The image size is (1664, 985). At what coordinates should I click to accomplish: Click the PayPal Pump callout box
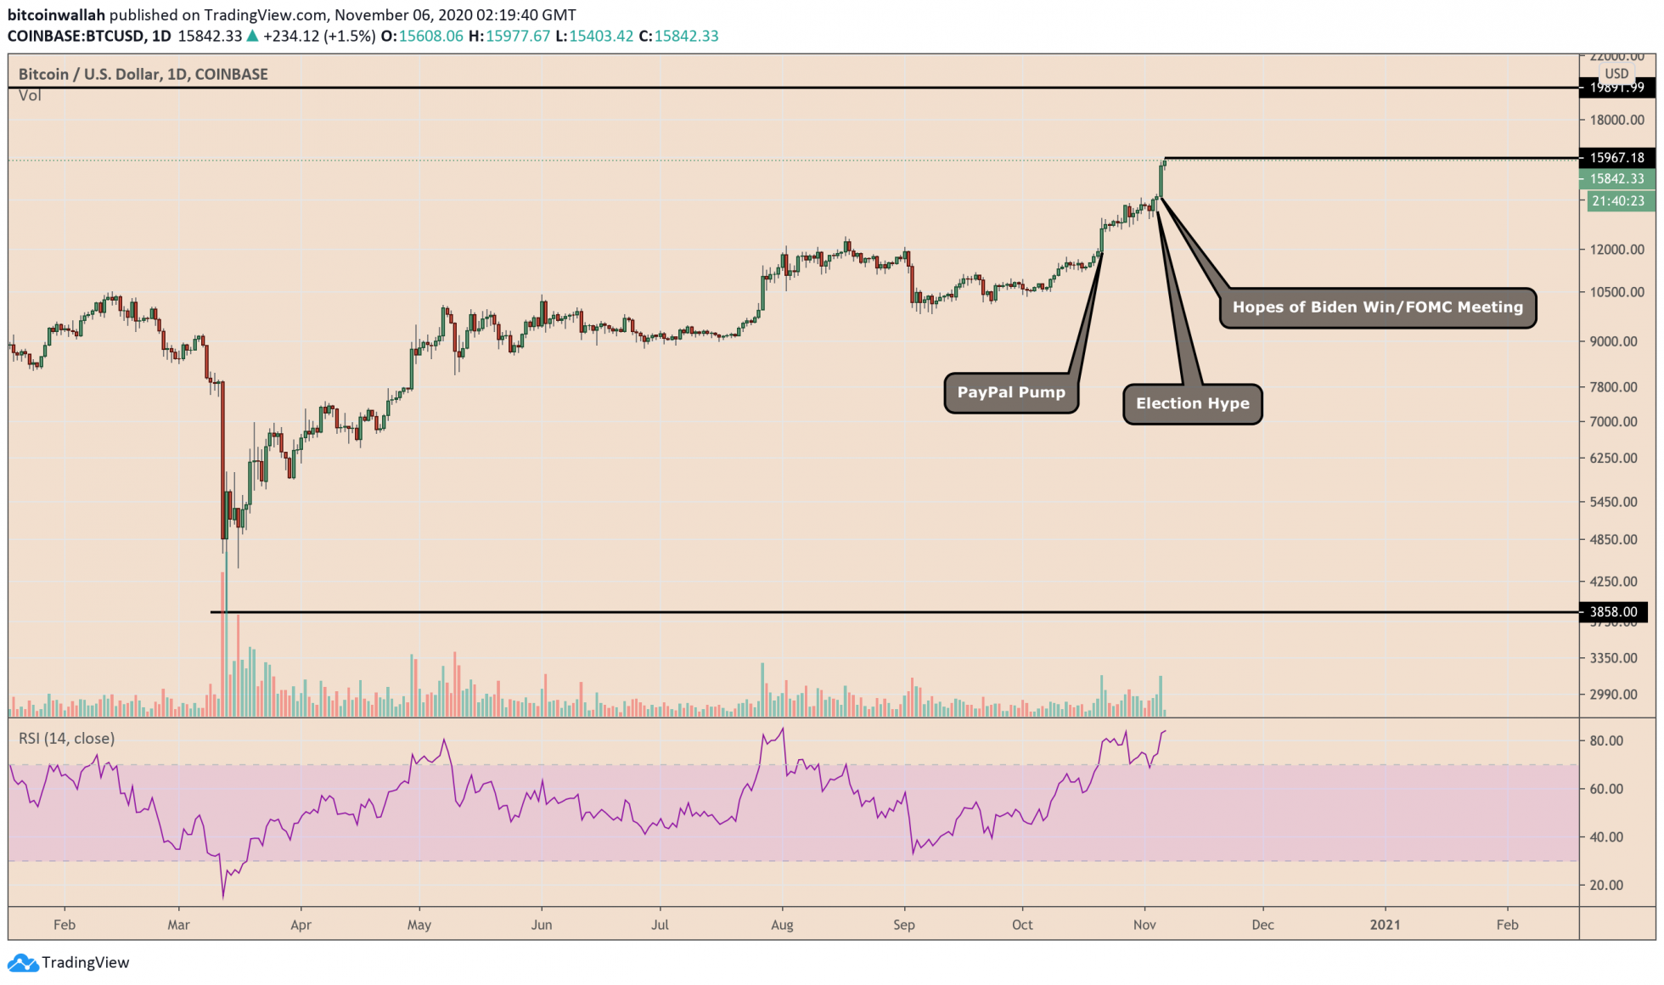[x=1010, y=392]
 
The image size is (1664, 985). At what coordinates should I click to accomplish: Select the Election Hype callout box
[x=1192, y=403]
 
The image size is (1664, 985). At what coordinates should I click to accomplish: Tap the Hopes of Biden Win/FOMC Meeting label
[x=1377, y=307]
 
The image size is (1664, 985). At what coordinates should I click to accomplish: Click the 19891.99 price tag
[x=1616, y=87]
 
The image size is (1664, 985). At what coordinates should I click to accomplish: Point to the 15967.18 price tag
[x=1616, y=157]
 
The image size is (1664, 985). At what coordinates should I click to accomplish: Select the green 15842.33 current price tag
[x=1616, y=178]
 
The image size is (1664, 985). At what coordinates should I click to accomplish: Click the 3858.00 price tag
[x=1613, y=611]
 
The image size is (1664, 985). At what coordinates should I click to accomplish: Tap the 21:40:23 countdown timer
[x=1617, y=201]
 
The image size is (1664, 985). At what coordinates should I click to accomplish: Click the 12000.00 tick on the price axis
[x=1616, y=250]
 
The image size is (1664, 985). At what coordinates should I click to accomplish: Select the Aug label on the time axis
[x=782, y=925]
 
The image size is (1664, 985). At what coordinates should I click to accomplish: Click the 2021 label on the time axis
[x=1386, y=925]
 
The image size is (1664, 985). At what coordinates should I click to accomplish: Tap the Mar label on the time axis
[x=178, y=925]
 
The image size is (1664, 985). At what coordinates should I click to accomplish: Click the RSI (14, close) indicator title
[x=66, y=739]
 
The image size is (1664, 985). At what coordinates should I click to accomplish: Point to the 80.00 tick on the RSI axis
[x=1605, y=741]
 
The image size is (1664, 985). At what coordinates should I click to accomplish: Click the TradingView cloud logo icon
[x=22, y=963]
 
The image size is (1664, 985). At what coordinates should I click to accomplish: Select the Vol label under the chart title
[x=30, y=95]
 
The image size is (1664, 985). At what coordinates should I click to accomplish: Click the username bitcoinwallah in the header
[x=56, y=15]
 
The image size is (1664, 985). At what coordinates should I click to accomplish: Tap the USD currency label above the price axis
[x=1616, y=74]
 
